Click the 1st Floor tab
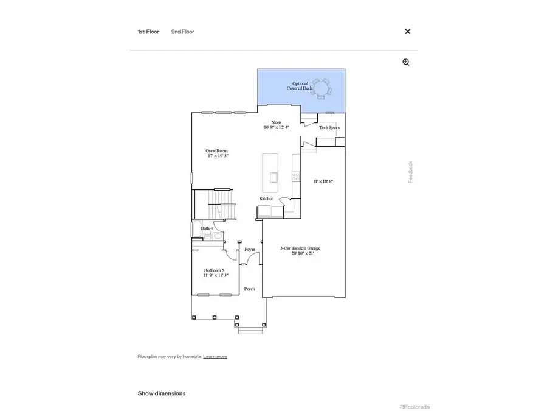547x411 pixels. (148, 32)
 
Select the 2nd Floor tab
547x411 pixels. (182, 32)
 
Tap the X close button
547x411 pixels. (408, 32)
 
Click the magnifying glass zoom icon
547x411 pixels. (406, 62)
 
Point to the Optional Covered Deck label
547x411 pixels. (300, 86)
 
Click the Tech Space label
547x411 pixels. (329, 127)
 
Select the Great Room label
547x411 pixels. (217, 153)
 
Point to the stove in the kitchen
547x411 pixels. (296, 177)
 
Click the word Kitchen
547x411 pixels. (267, 198)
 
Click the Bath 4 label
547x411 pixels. (207, 228)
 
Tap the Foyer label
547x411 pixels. (250, 250)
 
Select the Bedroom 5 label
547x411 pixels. (214, 273)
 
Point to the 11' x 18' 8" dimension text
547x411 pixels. (323, 181)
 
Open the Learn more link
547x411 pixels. (215, 356)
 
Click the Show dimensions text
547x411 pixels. (162, 393)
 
